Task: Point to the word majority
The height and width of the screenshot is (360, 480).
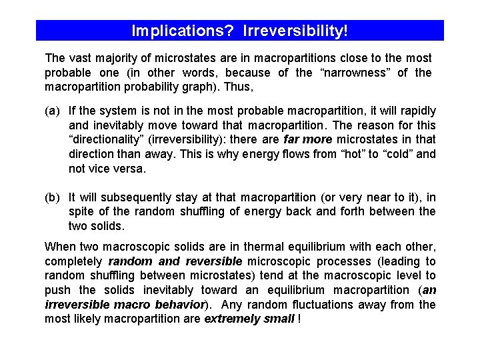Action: (118, 58)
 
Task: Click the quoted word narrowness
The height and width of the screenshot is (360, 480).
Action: (360, 73)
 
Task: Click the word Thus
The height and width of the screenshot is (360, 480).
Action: (240, 87)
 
